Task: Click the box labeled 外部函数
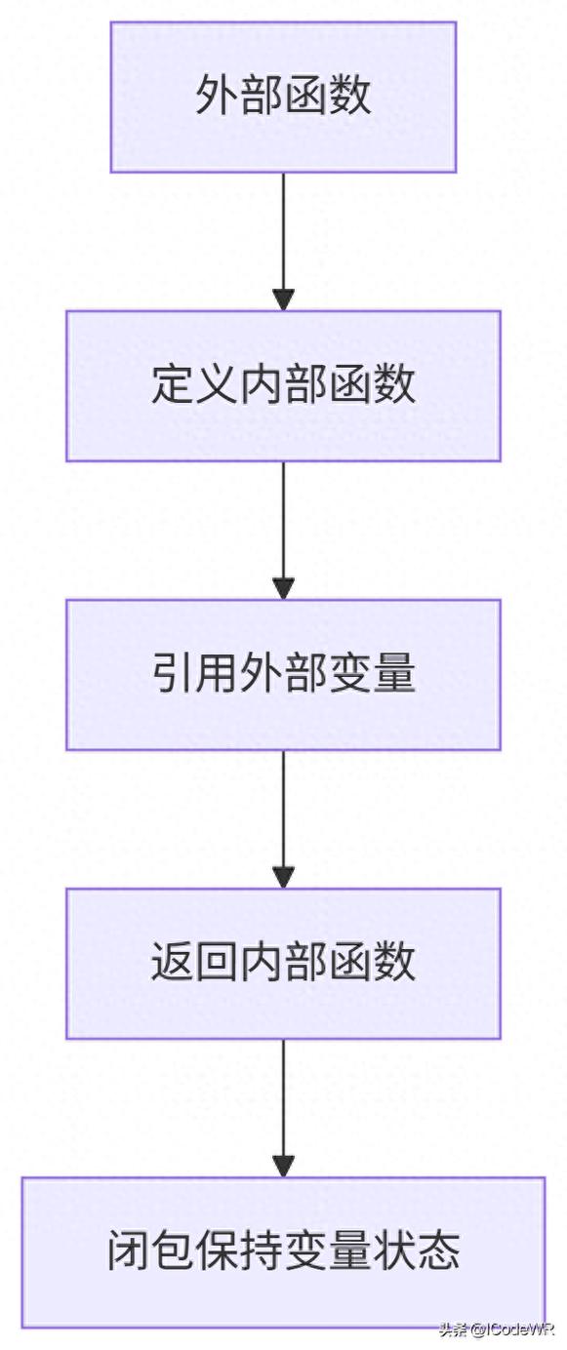click(283, 98)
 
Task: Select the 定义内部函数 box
click(283, 385)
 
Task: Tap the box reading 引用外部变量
click(283, 674)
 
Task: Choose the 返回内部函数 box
click(283, 963)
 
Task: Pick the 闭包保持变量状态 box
click(283, 1252)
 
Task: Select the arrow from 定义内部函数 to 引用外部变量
click(283, 527)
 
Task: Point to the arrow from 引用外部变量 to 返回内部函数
click(283, 815)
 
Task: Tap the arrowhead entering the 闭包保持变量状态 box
click(283, 1166)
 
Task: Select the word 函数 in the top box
click(328, 98)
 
